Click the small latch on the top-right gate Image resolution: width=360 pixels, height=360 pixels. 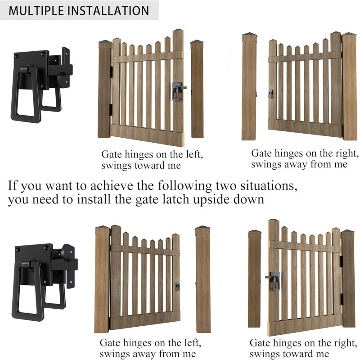[x=270, y=94]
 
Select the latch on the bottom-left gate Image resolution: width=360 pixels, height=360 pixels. [x=178, y=286]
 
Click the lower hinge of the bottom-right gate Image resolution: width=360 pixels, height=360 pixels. [x=340, y=297]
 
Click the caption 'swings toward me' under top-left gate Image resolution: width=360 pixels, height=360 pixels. [x=141, y=165]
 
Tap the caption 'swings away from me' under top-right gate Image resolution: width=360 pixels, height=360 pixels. [x=299, y=164]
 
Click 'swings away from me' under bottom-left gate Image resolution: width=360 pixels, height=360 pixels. [x=148, y=354]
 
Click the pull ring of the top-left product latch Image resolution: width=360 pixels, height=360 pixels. [x=27, y=97]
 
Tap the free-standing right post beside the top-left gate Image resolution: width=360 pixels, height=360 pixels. [x=197, y=90]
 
